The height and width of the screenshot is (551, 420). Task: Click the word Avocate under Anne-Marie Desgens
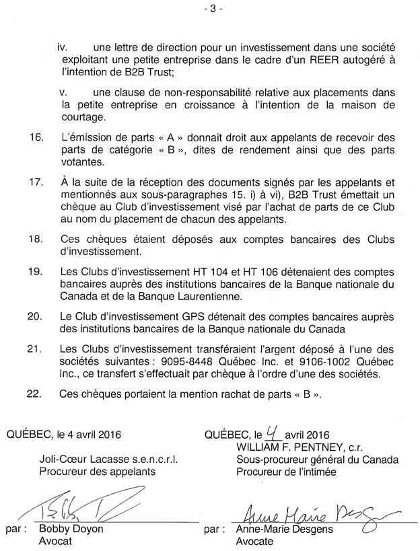(256, 541)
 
